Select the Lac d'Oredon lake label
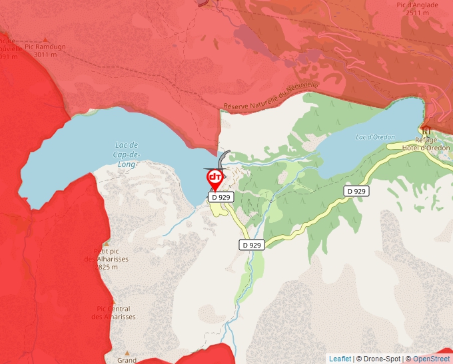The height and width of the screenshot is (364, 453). click(376, 137)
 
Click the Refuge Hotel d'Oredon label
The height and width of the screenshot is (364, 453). click(426, 144)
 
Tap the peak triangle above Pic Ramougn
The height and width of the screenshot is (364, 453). click(45, 40)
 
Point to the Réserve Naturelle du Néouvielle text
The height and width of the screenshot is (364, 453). click(272, 97)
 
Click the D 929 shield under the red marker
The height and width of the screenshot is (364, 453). click(221, 197)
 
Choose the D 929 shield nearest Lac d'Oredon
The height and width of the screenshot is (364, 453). click(356, 191)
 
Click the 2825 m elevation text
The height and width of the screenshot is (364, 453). click(106, 267)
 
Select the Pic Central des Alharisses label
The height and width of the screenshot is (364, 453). click(113, 313)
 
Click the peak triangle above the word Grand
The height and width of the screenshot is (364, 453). click(127, 353)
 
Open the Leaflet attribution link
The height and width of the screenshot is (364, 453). click(340, 359)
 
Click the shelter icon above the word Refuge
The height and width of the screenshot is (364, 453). click(426, 129)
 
